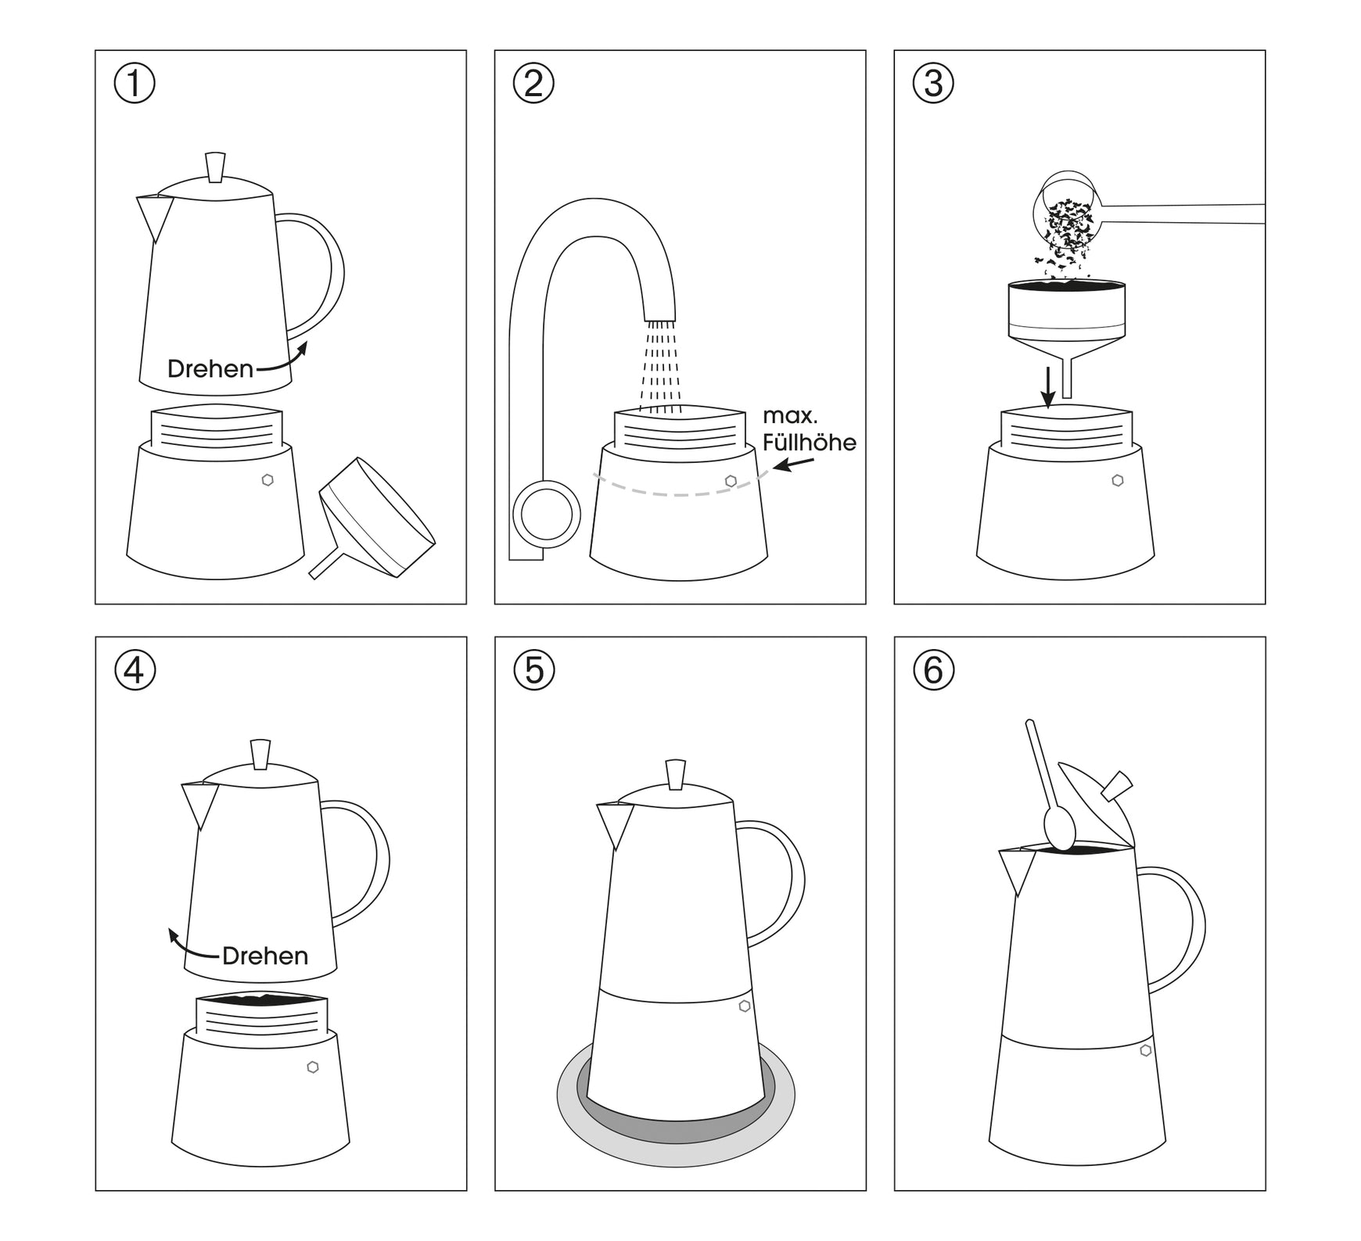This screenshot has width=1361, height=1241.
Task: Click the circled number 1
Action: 135,84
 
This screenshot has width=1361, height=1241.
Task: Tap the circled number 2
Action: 533,84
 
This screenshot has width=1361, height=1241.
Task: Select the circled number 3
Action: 933,84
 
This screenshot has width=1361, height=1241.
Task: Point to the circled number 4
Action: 135,670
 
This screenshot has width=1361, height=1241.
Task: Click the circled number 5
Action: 533,670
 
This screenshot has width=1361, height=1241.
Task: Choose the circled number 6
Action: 933,670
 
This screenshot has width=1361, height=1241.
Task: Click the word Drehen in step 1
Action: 210,369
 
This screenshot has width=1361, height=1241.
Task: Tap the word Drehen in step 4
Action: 265,956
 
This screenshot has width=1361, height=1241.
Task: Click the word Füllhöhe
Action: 810,442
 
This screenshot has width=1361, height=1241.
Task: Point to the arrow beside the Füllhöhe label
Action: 793,464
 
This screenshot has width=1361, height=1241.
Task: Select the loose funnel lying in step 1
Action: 372,518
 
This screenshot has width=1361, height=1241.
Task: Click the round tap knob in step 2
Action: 546,515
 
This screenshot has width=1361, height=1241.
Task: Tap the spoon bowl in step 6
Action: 1060,829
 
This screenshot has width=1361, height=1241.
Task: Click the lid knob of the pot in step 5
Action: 676,774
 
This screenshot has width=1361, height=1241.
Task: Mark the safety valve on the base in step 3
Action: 1118,480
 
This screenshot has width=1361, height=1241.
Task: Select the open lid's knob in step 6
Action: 1119,784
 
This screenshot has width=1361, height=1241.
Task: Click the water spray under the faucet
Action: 660,366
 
